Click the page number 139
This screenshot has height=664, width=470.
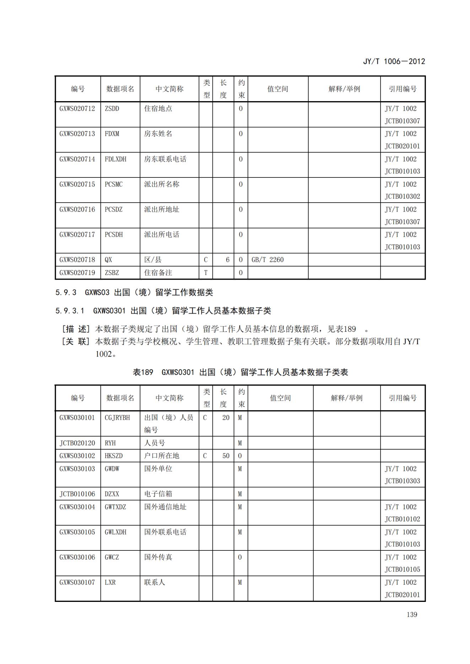(x=411, y=614)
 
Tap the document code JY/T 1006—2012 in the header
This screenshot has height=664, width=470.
(x=394, y=61)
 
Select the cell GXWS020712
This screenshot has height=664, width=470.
(x=77, y=109)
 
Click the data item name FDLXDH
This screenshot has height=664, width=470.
(x=115, y=159)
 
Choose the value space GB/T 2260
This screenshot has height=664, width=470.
(x=268, y=260)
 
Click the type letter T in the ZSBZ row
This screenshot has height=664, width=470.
(x=205, y=273)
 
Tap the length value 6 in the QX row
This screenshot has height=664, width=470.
(x=227, y=260)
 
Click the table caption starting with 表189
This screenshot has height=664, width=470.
(x=240, y=372)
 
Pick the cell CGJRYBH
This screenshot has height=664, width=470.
(x=117, y=418)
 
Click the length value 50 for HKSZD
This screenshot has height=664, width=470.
(x=226, y=456)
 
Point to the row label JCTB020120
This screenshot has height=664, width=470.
(x=77, y=443)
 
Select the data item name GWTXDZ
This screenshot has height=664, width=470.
(x=115, y=507)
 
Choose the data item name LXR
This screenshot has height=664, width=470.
(x=110, y=582)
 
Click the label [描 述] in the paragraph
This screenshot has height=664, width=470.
(x=76, y=329)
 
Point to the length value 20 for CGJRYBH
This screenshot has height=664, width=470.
(x=226, y=418)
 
